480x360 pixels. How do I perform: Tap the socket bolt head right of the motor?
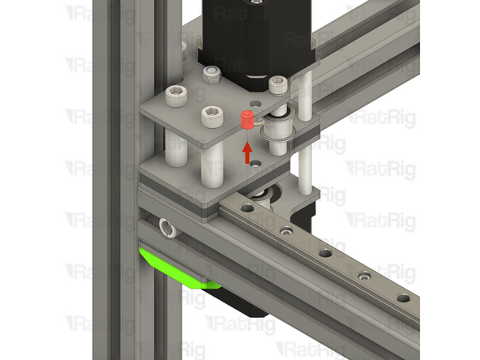tap(278, 84)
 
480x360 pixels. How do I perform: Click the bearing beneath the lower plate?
tap(261, 195)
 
